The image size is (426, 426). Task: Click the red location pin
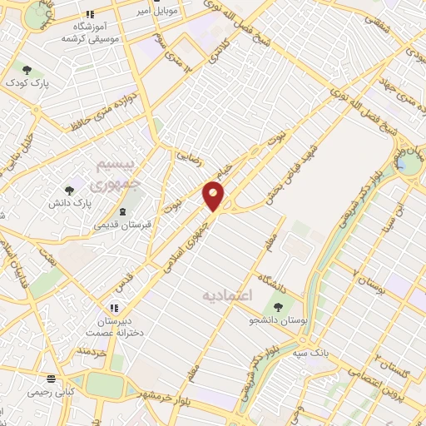(214, 196)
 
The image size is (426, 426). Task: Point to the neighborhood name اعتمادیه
(226, 295)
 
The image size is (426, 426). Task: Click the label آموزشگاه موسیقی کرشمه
(92, 34)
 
